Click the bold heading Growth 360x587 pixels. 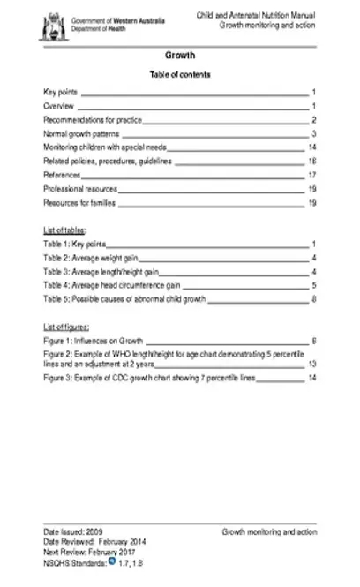tap(180, 55)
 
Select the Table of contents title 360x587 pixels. tap(180, 75)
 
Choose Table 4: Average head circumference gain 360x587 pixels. tap(112, 286)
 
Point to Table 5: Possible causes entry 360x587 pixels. tap(124, 300)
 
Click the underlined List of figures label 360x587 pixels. tap(67, 326)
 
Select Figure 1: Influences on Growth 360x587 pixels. tap(100, 340)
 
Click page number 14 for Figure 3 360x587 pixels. tap(311, 378)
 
